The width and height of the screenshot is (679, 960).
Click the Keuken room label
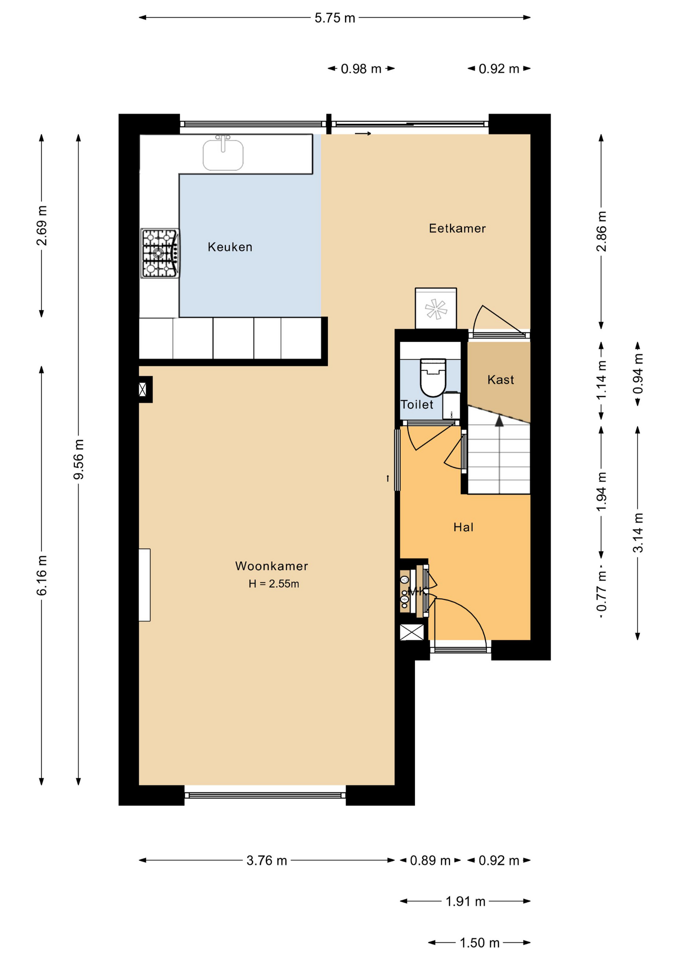click(x=230, y=247)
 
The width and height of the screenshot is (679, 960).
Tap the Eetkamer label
click(x=457, y=228)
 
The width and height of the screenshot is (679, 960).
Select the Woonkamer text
click(x=271, y=566)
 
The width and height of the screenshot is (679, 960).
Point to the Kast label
click(x=500, y=380)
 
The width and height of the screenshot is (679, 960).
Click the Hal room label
click(x=463, y=527)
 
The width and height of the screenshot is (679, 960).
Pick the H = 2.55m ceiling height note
click(x=274, y=584)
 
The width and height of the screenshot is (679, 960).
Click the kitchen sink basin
click(x=223, y=155)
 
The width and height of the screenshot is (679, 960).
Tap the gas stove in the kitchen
click(x=160, y=253)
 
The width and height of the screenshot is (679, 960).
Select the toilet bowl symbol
click(x=433, y=377)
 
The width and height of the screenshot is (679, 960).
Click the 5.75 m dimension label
click(x=335, y=18)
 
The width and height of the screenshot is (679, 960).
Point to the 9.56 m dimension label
click(x=78, y=459)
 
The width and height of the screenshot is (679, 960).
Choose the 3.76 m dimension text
click(x=267, y=860)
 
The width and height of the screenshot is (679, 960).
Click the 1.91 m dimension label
click(x=465, y=901)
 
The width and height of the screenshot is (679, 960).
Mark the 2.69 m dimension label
click(x=42, y=226)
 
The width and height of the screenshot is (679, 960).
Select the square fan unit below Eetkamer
click(x=436, y=308)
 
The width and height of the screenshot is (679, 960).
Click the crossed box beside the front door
click(x=412, y=632)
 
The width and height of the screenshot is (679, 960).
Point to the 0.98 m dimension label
click(x=361, y=69)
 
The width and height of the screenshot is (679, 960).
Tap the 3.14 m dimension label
click(x=638, y=533)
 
